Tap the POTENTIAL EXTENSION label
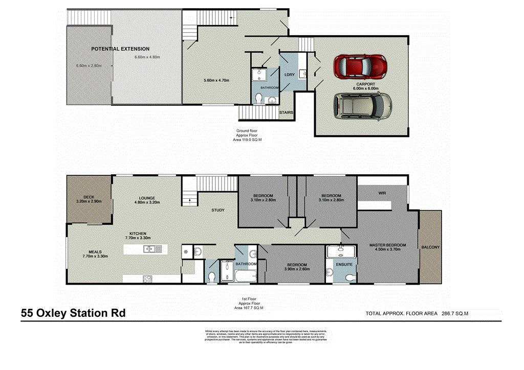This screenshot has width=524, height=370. click(x=120, y=49)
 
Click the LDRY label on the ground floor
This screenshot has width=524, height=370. click(x=290, y=75)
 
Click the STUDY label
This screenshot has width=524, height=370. click(x=218, y=210)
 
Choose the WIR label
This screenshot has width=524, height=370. click(x=382, y=194)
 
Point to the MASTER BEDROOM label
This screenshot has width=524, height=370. click(x=387, y=245)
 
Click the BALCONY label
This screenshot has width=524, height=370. click(x=430, y=248)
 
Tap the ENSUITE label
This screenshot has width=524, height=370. click(x=344, y=264)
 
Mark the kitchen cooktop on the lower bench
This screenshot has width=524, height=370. click(x=147, y=279)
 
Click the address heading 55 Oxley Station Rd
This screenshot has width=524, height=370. click(x=73, y=313)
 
